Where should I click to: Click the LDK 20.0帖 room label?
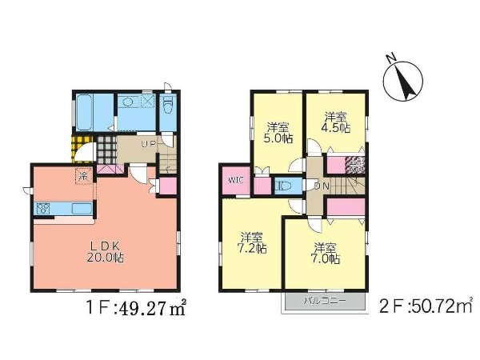pos(105,252)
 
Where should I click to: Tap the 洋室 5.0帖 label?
pos(278,133)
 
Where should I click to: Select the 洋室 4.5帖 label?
pos(336,122)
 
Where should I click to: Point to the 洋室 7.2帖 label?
pos(252,242)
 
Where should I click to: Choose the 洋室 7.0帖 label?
pos(325,254)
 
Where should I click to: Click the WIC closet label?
pos(236,180)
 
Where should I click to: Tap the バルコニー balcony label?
pos(325,301)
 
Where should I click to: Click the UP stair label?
pos(149,144)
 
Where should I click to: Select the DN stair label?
pos(322,186)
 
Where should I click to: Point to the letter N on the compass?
pos(390,58)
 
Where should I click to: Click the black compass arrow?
pos(403,82)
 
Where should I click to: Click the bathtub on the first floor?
pos(85,112)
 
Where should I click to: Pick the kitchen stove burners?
pos(43,209)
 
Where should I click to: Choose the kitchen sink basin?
pos(82,209)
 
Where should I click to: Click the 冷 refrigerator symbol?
pos(83,176)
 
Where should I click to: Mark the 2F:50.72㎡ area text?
pos(426,306)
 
